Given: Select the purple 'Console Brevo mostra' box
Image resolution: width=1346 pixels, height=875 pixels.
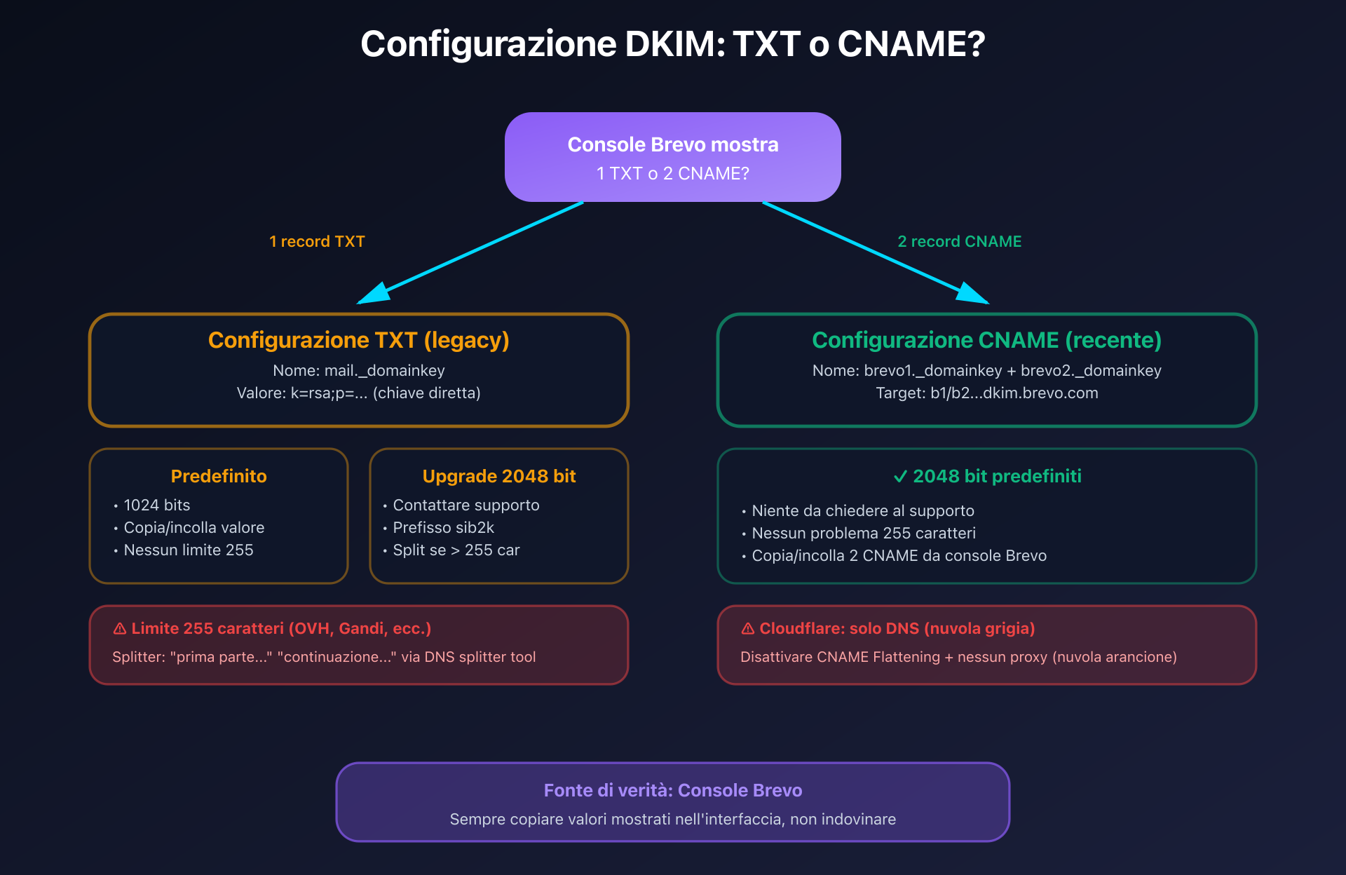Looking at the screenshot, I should pos(673,157).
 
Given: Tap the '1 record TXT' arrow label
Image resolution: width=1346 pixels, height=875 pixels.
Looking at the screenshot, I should pos(317,241).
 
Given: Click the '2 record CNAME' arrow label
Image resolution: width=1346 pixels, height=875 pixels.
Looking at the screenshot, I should pos(959,241).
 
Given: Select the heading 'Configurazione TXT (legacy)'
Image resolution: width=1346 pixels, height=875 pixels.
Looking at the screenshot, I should pos(358,340).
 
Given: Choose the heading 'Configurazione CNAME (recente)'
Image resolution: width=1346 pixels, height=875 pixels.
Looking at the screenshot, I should pos(986,340).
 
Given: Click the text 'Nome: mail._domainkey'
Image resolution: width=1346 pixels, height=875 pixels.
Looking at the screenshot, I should pos(358,370).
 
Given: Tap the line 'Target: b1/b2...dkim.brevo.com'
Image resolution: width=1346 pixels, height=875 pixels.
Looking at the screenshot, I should pos(986,393).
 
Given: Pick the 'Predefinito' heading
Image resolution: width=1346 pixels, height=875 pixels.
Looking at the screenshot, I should pos(219,476).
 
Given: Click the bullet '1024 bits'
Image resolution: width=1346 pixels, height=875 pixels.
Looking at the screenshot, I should pos(156,505).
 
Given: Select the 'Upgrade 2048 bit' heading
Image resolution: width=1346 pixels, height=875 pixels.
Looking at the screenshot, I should pos(498,476).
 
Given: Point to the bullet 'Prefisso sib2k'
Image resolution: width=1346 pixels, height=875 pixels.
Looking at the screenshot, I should pos(443,527).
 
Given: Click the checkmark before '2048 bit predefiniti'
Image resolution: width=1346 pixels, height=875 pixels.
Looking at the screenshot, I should pos(900,477).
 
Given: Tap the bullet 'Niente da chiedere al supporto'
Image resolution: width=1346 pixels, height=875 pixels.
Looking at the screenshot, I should pos(862,510).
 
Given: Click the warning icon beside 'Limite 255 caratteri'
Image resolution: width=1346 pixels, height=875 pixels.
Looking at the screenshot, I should pos(120,629).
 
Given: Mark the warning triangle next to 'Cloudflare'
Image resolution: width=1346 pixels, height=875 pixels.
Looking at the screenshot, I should pos(748,629).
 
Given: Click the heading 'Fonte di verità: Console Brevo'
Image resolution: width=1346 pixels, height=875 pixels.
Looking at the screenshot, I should pos(673,790).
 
